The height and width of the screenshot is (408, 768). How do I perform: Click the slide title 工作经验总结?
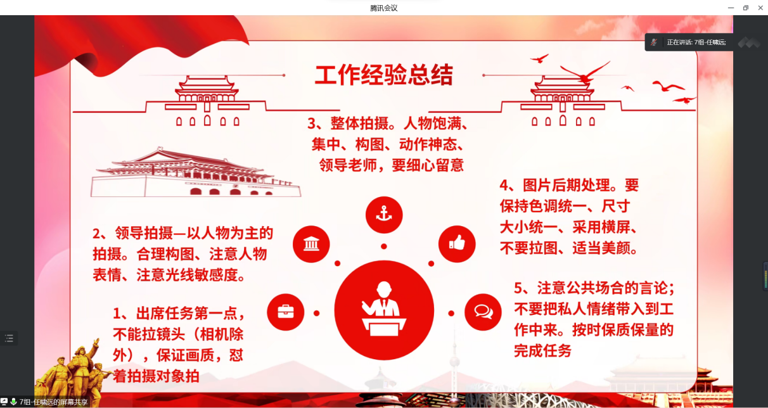click(384, 75)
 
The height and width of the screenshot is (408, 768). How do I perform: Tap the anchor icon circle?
click(384, 215)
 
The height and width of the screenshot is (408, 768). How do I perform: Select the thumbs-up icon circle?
click(457, 244)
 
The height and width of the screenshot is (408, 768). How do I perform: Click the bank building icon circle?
click(311, 244)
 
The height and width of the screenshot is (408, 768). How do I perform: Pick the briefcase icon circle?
click(286, 312)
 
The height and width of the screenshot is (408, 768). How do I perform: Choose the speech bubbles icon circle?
click(483, 312)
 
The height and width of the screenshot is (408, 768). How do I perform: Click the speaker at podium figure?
click(384, 309)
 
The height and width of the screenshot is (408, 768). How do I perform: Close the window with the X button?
click(760, 8)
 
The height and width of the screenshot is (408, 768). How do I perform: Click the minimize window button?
click(731, 8)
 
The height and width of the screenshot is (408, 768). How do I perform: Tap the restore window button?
click(746, 8)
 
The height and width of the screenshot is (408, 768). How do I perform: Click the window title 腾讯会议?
click(383, 8)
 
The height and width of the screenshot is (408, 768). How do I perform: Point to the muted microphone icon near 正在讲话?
click(654, 42)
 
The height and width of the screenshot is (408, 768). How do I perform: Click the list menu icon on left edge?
click(9, 338)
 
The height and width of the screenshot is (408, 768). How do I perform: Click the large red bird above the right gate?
click(586, 73)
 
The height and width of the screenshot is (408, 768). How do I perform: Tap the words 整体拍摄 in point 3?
click(359, 124)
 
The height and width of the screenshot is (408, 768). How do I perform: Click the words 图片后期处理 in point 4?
click(566, 186)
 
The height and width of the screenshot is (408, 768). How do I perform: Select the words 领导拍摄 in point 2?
click(144, 234)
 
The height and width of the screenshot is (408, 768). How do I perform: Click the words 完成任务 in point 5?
click(542, 351)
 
